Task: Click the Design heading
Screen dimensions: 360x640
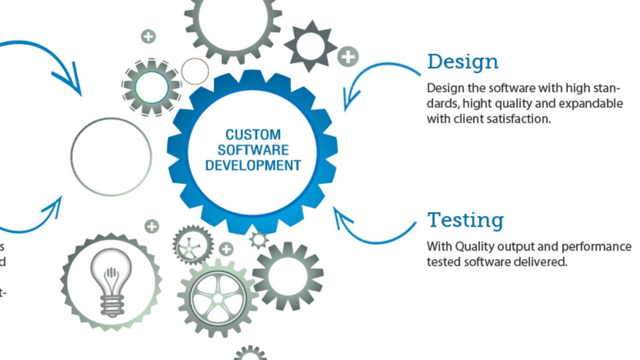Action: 462,62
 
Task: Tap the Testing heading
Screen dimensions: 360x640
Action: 465,220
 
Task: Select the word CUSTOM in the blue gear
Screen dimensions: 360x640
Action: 253,135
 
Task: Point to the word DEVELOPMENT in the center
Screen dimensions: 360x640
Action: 253,165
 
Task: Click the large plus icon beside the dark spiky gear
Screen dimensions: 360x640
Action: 348,57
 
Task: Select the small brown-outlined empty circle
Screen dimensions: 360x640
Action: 195,71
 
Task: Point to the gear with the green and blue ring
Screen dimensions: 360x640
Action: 152,87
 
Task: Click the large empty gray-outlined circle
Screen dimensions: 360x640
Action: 111,156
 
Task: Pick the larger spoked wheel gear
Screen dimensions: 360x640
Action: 217,297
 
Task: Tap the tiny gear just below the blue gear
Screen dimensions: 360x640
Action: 259,240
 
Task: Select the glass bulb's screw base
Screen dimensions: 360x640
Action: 111,306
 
